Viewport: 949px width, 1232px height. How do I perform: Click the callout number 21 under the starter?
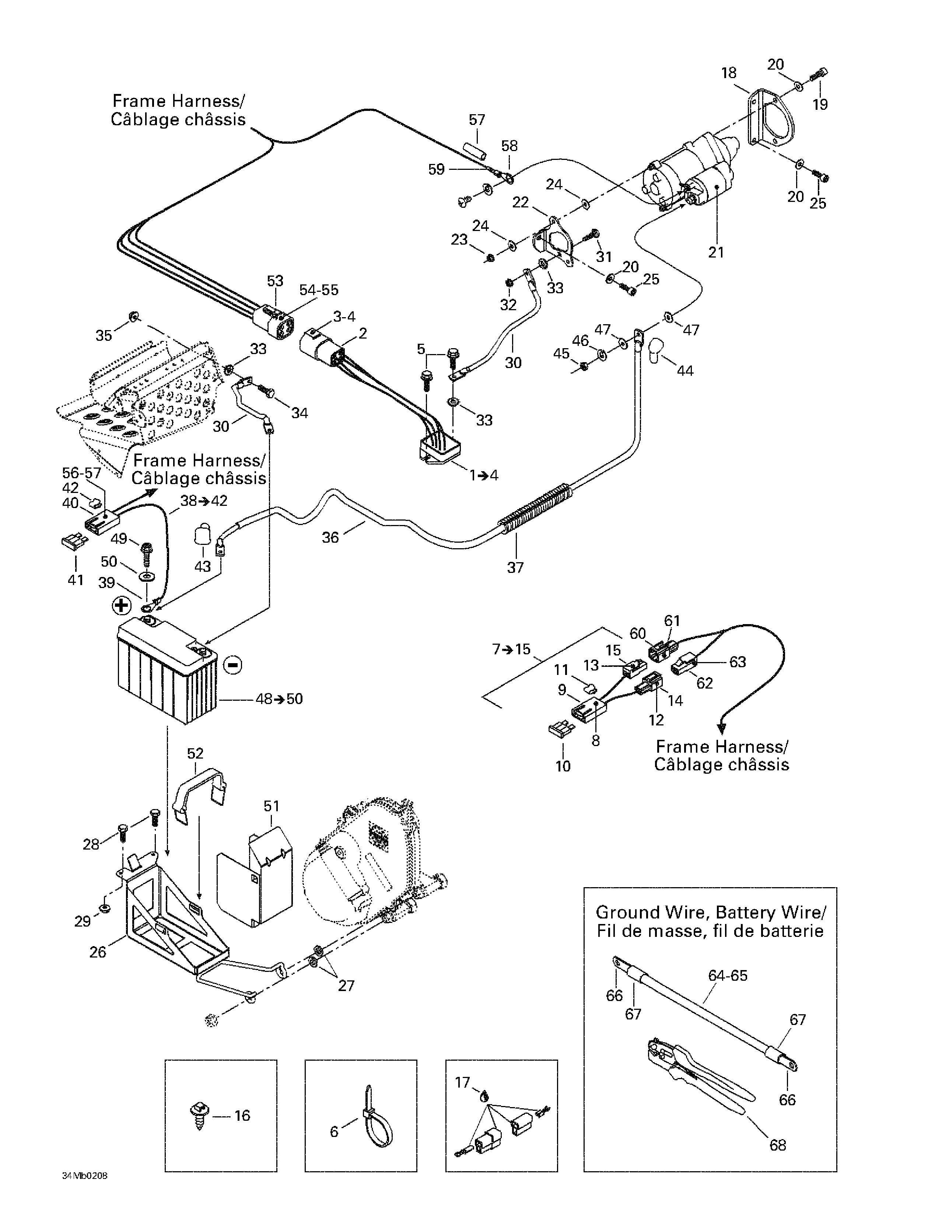[715, 252]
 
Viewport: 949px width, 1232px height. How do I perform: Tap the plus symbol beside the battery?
[122, 606]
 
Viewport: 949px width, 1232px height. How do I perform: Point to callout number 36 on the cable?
[330, 538]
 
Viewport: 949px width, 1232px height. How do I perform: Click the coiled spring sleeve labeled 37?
[536, 508]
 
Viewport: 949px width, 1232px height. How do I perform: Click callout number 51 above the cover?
[272, 806]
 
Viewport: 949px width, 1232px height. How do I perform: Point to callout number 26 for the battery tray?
[98, 952]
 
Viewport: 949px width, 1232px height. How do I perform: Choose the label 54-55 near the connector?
[319, 290]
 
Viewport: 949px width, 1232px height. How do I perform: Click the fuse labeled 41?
[73, 543]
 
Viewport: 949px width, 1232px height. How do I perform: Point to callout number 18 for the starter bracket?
[728, 73]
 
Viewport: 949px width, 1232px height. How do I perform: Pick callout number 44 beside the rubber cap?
[684, 371]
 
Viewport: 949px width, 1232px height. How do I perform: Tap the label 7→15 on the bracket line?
[512, 649]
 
